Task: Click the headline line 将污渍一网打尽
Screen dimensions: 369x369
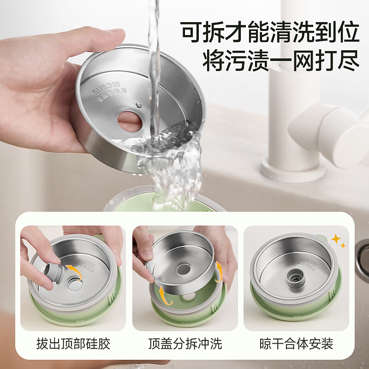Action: click(x=281, y=61)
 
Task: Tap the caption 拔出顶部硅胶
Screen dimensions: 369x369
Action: click(x=73, y=344)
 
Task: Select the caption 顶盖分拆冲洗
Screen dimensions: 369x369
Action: click(x=185, y=344)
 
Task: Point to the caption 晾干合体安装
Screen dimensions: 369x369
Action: click(x=296, y=344)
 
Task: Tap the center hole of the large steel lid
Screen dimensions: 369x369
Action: click(x=130, y=121)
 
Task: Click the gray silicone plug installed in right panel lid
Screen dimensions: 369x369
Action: click(x=294, y=276)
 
